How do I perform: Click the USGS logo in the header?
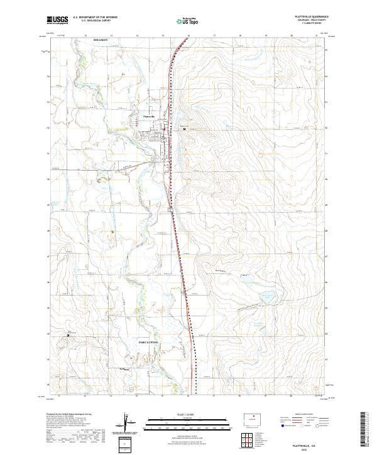pyautogui.click(x=58, y=21)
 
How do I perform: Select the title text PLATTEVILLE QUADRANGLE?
pyautogui.click(x=309, y=18)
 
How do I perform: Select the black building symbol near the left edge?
pyautogui.click(x=68, y=336)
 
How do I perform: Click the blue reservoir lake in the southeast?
pyautogui.click(x=268, y=295)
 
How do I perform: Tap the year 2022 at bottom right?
pyautogui.click(x=309, y=447)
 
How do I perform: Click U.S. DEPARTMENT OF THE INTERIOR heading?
pyautogui.click(x=95, y=18)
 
